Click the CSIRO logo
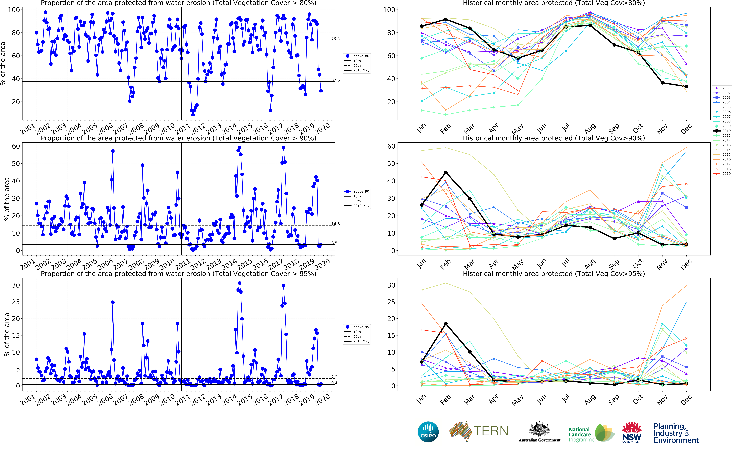click(428, 432)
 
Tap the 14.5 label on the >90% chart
click(335, 224)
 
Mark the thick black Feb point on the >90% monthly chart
click(446, 172)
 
